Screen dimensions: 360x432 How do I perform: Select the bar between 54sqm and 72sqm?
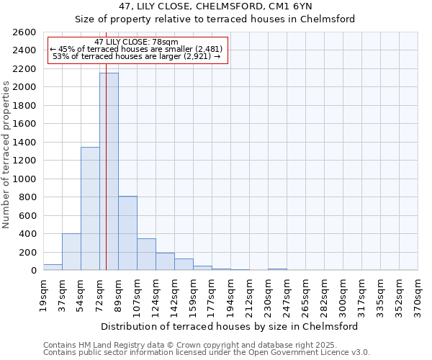tap(90, 209)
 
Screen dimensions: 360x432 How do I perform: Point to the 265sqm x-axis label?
tap(305, 293)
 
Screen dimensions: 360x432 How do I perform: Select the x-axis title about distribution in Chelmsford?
tap(230, 326)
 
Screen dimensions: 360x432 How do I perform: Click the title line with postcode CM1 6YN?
tap(215, 6)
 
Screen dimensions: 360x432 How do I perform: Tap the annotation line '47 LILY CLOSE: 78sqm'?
tap(136, 42)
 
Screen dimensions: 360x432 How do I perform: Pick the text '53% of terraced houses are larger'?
tap(136, 56)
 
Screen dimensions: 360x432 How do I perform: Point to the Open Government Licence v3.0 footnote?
tap(207, 353)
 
